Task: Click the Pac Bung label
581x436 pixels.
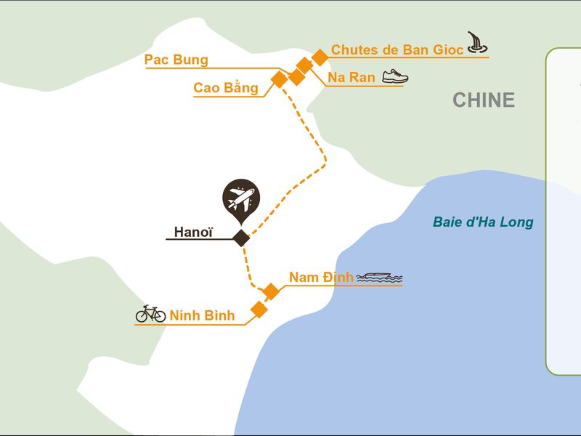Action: pyautogui.click(x=176, y=60)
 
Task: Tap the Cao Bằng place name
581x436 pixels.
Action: pyautogui.click(x=226, y=87)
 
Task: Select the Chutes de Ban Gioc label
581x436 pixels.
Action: pyautogui.click(x=397, y=49)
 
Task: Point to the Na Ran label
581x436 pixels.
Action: pyautogui.click(x=352, y=77)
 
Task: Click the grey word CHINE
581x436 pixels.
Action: pyautogui.click(x=484, y=100)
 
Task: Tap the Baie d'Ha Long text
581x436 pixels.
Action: pyautogui.click(x=483, y=222)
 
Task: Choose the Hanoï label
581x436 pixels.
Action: pyautogui.click(x=193, y=232)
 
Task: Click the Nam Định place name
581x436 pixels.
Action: pyautogui.click(x=321, y=277)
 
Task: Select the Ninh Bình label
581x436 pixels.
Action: pyautogui.click(x=202, y=315)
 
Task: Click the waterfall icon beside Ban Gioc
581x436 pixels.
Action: pyautogui.click(x=477, y=42)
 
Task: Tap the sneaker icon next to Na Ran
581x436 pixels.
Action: pyautogui.click(x=395, y=76)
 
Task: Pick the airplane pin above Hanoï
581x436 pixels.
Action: pyautogui.click(x=241, y=201)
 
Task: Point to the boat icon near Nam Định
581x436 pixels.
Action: pyautogui.click(x=379, y=278)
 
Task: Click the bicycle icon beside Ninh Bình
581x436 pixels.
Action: pyautogui.click(x=150, y=314)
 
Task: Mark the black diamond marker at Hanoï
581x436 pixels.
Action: pyautogui.click(x=241, y=238)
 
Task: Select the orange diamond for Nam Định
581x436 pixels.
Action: pyautogui.click(x=271, y=291)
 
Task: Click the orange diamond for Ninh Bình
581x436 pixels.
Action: pyautogui.click(x=259, y=310)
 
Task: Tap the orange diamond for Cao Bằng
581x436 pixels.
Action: pyautogui.click(x=280, y=79)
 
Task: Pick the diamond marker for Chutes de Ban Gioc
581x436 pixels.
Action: pyautogui.click(x=320, y=57)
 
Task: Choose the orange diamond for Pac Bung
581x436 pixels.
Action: pyautogui.click(x=296, y=77)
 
